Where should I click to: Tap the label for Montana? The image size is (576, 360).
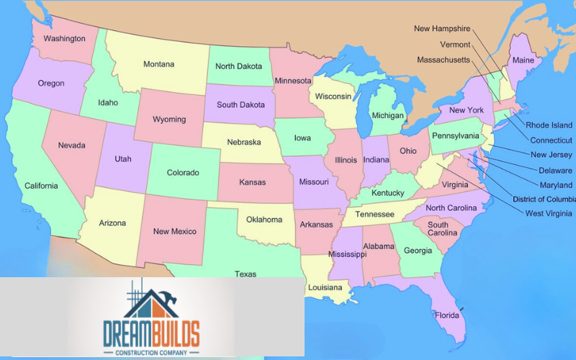tap(158, 64)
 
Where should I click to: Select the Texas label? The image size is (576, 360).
tap(245, 274)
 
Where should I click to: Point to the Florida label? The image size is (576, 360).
tap(446, 315)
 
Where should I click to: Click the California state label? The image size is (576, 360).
tap(41, 186)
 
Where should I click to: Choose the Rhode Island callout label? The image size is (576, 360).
tap(549, 125)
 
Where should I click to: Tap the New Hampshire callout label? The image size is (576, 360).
tap(442, 29)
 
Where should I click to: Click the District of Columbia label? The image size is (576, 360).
tap(544, 199)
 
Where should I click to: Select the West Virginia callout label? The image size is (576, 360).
tap(549, 213)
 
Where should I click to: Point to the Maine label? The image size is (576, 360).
tap(523, 60)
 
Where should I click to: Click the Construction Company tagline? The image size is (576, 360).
tap(151, 352)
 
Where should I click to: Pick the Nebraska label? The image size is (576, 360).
tap(244, 142)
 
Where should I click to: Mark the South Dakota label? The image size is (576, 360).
tap(240, 104)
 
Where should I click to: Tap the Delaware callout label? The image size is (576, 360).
tap(555, 171)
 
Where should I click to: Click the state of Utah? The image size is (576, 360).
tap(123, 158)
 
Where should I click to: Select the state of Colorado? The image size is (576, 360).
tap(183, 173)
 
